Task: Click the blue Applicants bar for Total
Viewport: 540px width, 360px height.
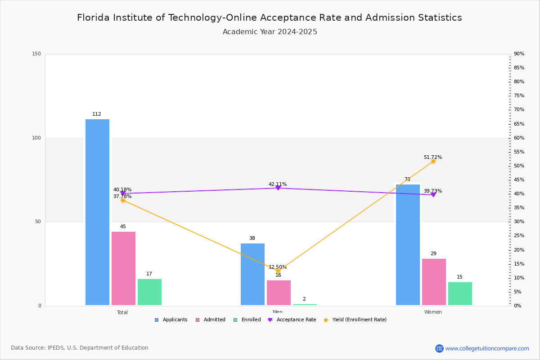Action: tap(97, 212)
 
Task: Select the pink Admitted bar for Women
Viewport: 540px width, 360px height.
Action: tap(434, 282)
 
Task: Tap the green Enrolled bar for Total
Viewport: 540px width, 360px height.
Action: tap(149, 292)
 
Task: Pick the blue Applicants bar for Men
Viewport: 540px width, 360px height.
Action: tap(252, 274)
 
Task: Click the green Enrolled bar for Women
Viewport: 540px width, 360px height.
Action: tap(460, 294)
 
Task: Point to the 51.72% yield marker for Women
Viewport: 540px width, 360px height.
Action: tap(433, 161)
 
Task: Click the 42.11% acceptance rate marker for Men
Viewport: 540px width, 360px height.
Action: tap(278, 188)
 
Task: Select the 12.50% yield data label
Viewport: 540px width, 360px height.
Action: tap(278, 267)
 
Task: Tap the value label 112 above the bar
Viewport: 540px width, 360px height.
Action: tap(97, 114)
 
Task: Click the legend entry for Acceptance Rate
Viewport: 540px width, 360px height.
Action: tap(296, 320)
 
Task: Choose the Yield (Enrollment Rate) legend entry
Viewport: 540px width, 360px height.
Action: tap(359, 320)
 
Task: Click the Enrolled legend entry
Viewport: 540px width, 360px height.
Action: tap(251, 320)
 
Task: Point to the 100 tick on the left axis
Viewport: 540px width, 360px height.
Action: tap(36, 138)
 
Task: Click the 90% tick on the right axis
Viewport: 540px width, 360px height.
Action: tap(519, 54)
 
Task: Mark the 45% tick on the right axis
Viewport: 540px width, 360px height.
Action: tap(519, 180)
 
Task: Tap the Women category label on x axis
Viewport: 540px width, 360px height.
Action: tap(433, 312)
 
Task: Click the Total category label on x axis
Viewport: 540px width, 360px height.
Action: tap(122, 312)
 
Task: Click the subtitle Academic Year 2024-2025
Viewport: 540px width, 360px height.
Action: tap(270, 32)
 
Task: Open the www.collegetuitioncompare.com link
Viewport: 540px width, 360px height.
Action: tap(487, 348)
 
